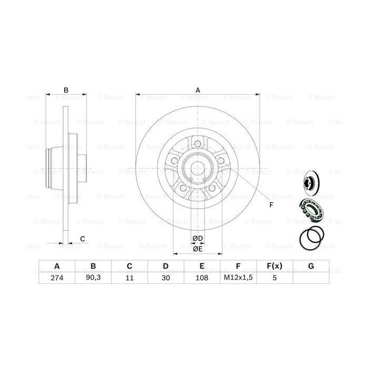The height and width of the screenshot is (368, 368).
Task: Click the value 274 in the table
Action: click(56, 279)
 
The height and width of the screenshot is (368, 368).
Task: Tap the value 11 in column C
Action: click(129, 279)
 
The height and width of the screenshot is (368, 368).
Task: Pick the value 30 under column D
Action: click(165, 279)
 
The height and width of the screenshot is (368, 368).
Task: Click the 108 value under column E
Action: click(201, 279)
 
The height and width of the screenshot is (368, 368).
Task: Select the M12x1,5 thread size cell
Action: click(238, 279)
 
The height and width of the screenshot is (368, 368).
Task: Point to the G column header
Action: click(311, 267)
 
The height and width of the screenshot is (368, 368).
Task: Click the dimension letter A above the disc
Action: click(198, 90)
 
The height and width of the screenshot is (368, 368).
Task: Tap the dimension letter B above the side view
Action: click(66, 90)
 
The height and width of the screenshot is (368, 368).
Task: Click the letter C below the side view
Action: click(83, 239)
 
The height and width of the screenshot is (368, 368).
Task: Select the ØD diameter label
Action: click(198, 239)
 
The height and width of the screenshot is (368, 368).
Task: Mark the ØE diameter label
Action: click(198, 249)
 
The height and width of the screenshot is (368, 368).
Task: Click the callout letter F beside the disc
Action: click(271, 205)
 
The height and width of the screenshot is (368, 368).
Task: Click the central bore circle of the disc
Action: click(198, 169)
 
